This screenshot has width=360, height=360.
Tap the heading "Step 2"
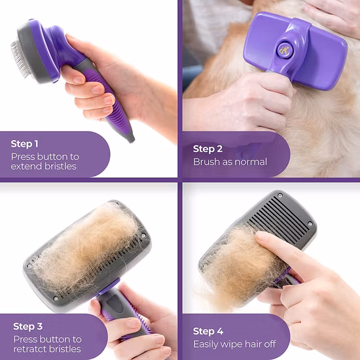point(208,149)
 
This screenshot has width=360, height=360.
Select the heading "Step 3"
point(28,326)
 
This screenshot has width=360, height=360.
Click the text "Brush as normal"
point(230,162)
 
